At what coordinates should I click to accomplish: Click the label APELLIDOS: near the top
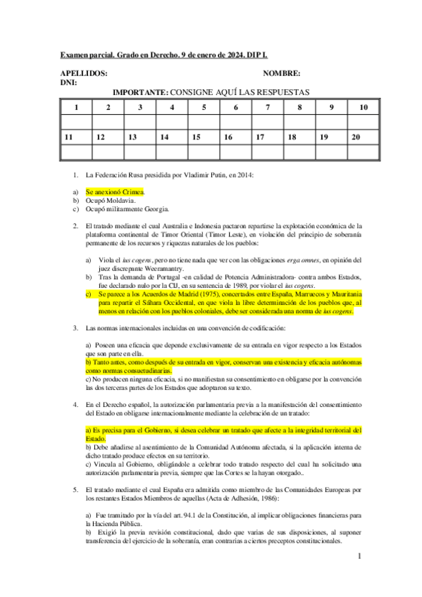pyautogui.click(x=84, y=73)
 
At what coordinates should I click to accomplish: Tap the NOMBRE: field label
pyautogui.click(x=282, y=73)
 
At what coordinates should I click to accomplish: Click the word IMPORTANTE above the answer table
pyautogui.click(x=140, y=92)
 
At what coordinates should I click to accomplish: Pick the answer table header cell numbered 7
pyautogui.click(x=268, y=108)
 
